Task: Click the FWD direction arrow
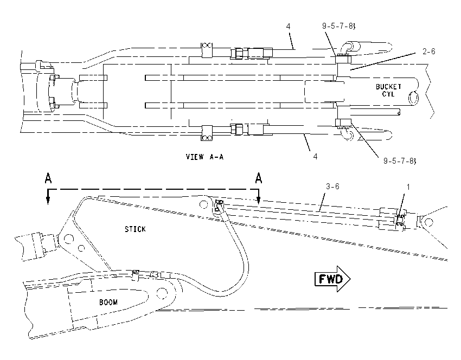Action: click(x=332, y=279)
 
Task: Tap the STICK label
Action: click(x=135, y=229)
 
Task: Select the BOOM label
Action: click(x=108, y=303)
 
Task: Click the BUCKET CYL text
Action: click(x=388, y=90)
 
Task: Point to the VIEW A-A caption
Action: click(x=204, y=157)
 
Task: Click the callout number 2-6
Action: click(x=428, y=52)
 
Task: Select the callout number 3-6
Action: click(x=332, y=187)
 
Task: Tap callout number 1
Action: click(x=408, y=187)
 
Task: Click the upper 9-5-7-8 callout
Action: click(x=338, y=26)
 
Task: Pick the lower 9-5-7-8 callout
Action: click(x=400, y=161)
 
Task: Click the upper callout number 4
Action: click(x=288, y=27)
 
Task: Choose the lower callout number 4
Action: click(x=315, y=156)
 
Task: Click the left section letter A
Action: click(x=48, y=178)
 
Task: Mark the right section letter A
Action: click(x=258, y=178)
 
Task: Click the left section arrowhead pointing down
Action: click(x=48, y=200)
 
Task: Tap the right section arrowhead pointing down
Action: click(x=258, y=200)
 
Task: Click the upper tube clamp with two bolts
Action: click(x=207, y=50)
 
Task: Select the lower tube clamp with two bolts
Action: click(x=207, y=133)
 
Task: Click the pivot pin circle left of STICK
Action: click(x=68, y=239)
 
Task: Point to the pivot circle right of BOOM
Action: click(x=162, y=293)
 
